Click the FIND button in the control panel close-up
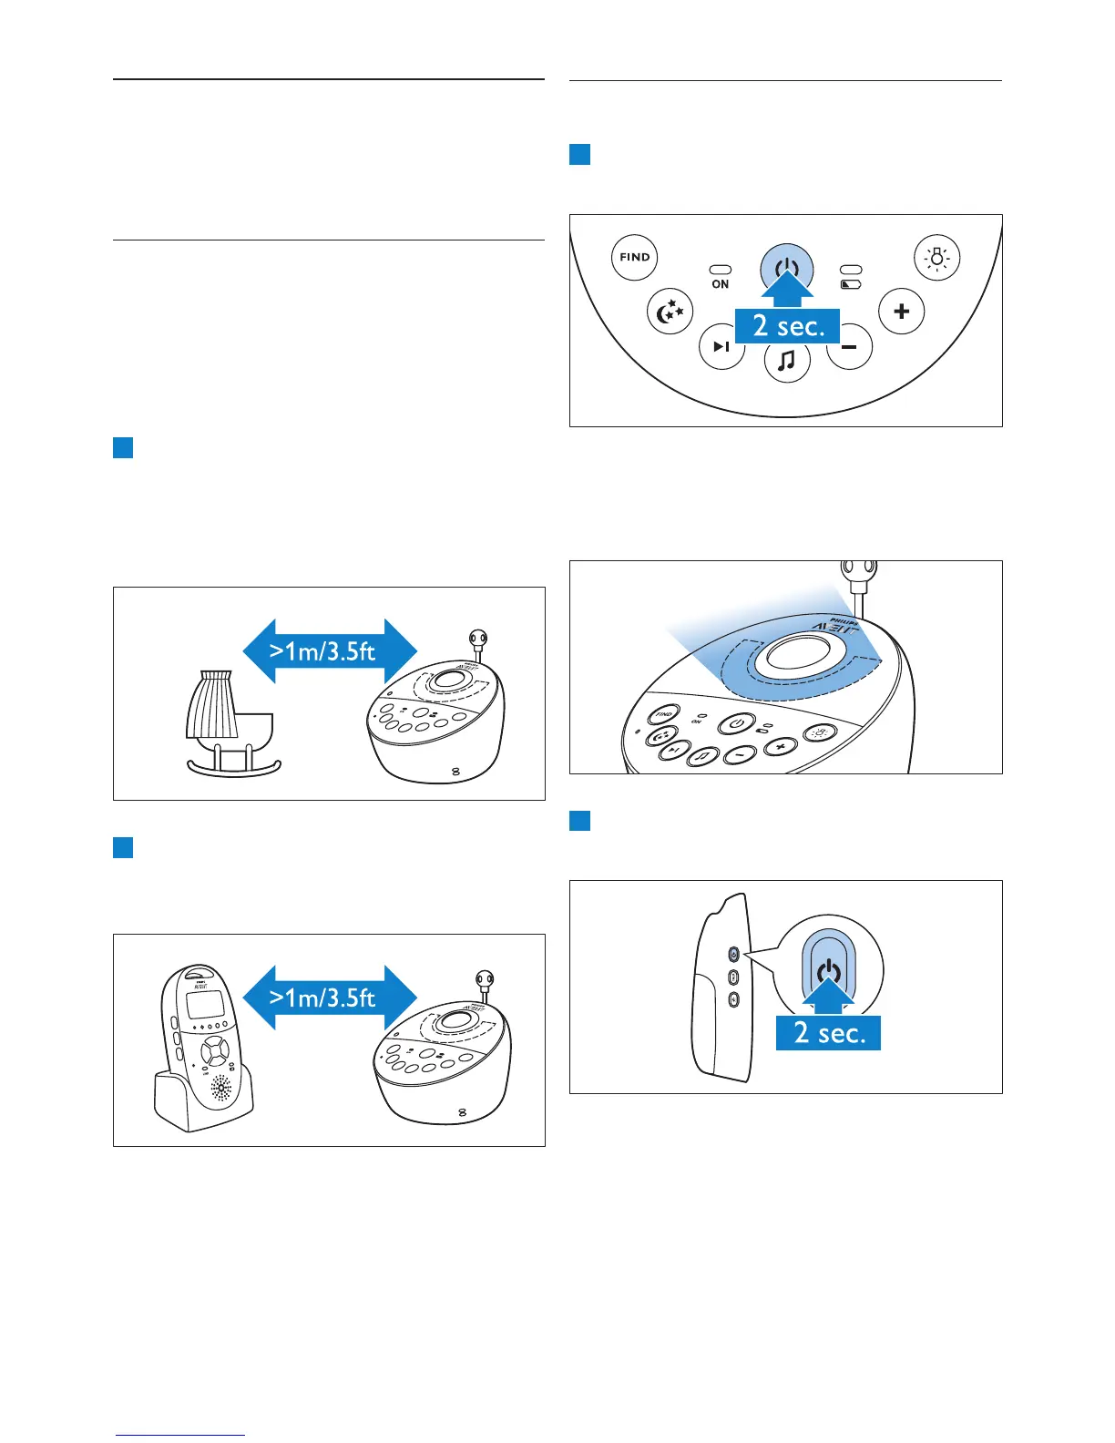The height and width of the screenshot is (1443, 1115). click(x=634, y=257)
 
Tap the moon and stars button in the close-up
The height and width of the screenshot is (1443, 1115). click(x=670, y=312)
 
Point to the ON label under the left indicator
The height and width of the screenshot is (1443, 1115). click(x=721, y=284)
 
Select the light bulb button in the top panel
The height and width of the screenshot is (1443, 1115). click(x=936, y=258)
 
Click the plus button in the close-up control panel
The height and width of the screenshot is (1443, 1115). click(x=902, y=312)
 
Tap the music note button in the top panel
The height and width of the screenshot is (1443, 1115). click(x=787, y=362)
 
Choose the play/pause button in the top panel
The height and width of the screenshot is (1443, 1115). click(x=721, y=346)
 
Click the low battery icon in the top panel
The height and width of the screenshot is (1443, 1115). click(x=851, y=284)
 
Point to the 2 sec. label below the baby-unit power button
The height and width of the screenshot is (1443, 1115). click(x=788, y=326)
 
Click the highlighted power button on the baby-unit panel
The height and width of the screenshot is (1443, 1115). click(x=787, y=268)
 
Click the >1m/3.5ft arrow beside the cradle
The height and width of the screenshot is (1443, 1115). click(x=329, y=651)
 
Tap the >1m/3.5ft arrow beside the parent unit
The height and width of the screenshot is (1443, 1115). click(x=329, y=998)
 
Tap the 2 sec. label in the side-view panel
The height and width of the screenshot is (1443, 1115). click(x=828, y=1033)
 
